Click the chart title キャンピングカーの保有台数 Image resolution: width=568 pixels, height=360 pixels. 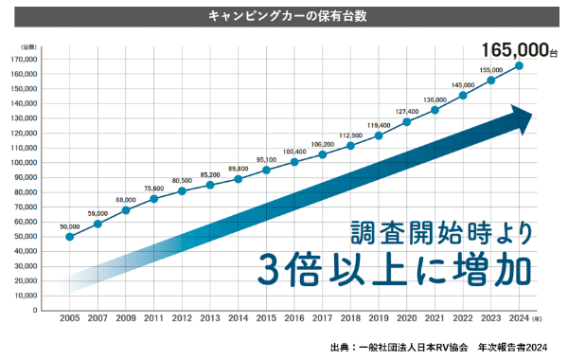[283, 16]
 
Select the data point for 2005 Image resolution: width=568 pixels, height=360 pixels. [70, 237]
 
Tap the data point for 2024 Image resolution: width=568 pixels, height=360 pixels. [519, 66]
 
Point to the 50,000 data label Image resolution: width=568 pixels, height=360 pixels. [70, 226]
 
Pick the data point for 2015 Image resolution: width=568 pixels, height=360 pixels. [266, 171]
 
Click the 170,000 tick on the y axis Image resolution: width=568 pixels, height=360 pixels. [25, 60]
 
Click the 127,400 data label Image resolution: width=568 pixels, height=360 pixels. [407, 111]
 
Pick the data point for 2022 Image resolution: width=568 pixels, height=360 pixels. [463, 96]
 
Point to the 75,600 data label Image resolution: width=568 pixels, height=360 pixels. [154, 189]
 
